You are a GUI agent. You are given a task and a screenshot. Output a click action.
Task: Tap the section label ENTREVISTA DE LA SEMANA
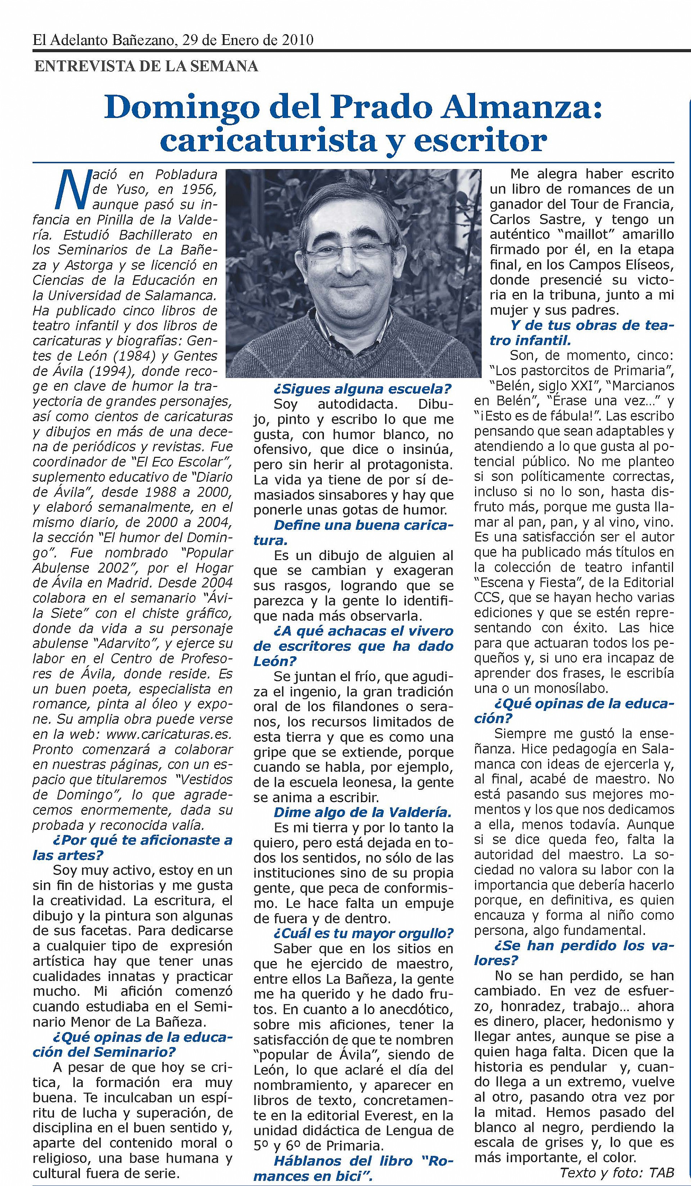coord(146,66)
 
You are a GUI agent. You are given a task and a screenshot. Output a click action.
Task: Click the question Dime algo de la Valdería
coord(362,812)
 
